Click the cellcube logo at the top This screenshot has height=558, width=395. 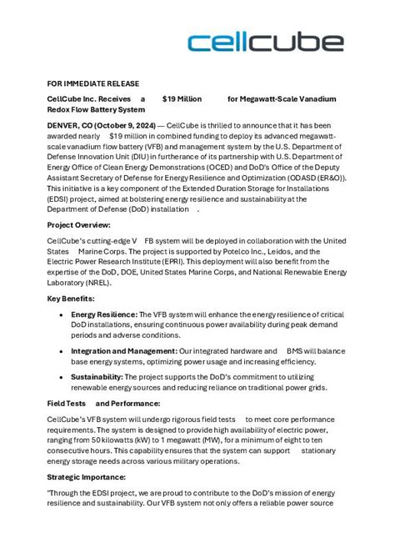point(264,43)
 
